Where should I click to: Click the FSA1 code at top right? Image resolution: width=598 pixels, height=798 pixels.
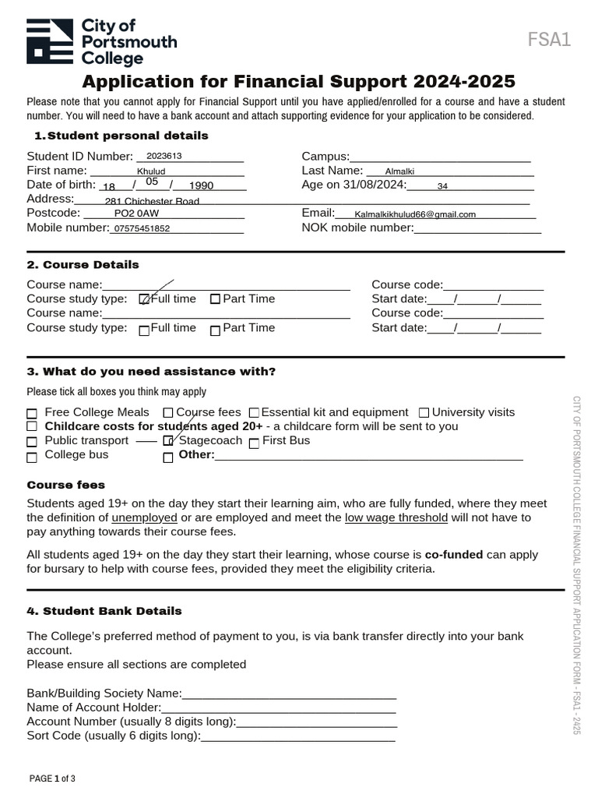coord(549,40)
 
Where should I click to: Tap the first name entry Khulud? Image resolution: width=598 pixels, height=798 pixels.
coord(151,171)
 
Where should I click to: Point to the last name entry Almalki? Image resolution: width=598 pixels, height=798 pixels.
coord(400,171)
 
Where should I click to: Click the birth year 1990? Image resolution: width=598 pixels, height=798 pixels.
coord(201,186)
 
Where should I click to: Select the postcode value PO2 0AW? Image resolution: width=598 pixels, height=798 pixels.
coord(136,214)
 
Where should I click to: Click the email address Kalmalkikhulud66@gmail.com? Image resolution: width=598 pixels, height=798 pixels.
coord(414,214)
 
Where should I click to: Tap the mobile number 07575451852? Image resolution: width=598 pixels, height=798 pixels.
coord(142,229)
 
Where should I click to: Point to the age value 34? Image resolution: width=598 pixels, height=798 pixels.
coord(442,186)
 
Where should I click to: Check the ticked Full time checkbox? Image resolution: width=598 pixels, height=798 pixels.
coord(144,299)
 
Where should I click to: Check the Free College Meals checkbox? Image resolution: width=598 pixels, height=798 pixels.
coord(32,413)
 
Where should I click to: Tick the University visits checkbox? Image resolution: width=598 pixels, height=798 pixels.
coord(424,413)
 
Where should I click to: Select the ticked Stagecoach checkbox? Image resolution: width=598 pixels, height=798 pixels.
coord(168,441)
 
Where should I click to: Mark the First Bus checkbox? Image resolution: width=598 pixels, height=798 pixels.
coord(254,443)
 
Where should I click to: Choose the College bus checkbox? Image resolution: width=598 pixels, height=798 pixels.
coord(32,456)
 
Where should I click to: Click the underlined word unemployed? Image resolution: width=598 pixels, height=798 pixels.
coord(144,517)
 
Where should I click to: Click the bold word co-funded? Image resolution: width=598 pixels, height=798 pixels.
coord(454,555)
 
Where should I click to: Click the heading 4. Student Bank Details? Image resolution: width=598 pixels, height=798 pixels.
coord(104,611)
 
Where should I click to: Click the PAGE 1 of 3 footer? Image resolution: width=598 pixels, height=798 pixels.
coord(52,779)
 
